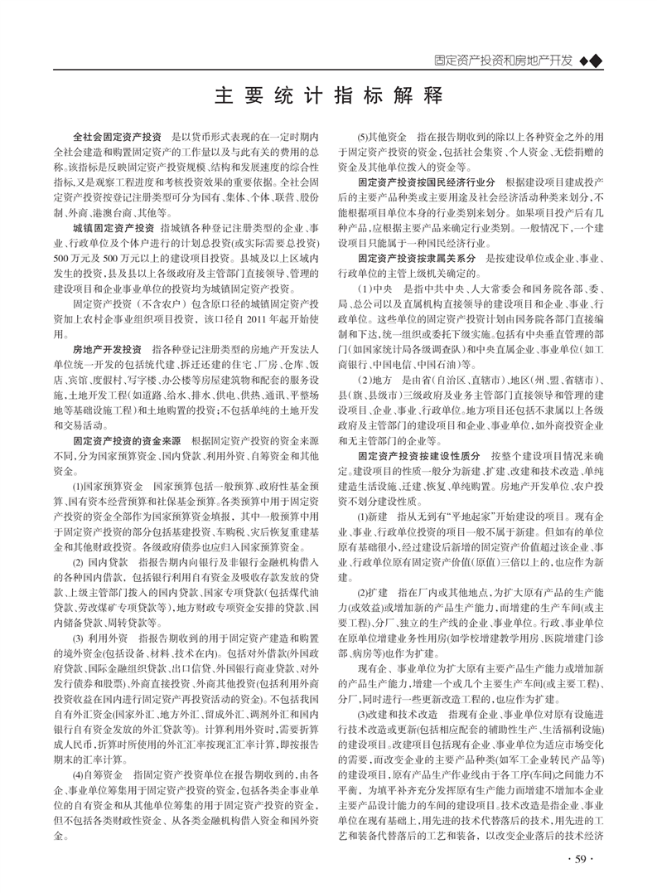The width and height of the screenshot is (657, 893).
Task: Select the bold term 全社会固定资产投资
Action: click(118, 136)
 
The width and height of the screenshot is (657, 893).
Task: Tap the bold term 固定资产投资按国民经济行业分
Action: click(427, 182)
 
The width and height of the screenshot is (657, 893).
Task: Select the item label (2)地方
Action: click(374, 379)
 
